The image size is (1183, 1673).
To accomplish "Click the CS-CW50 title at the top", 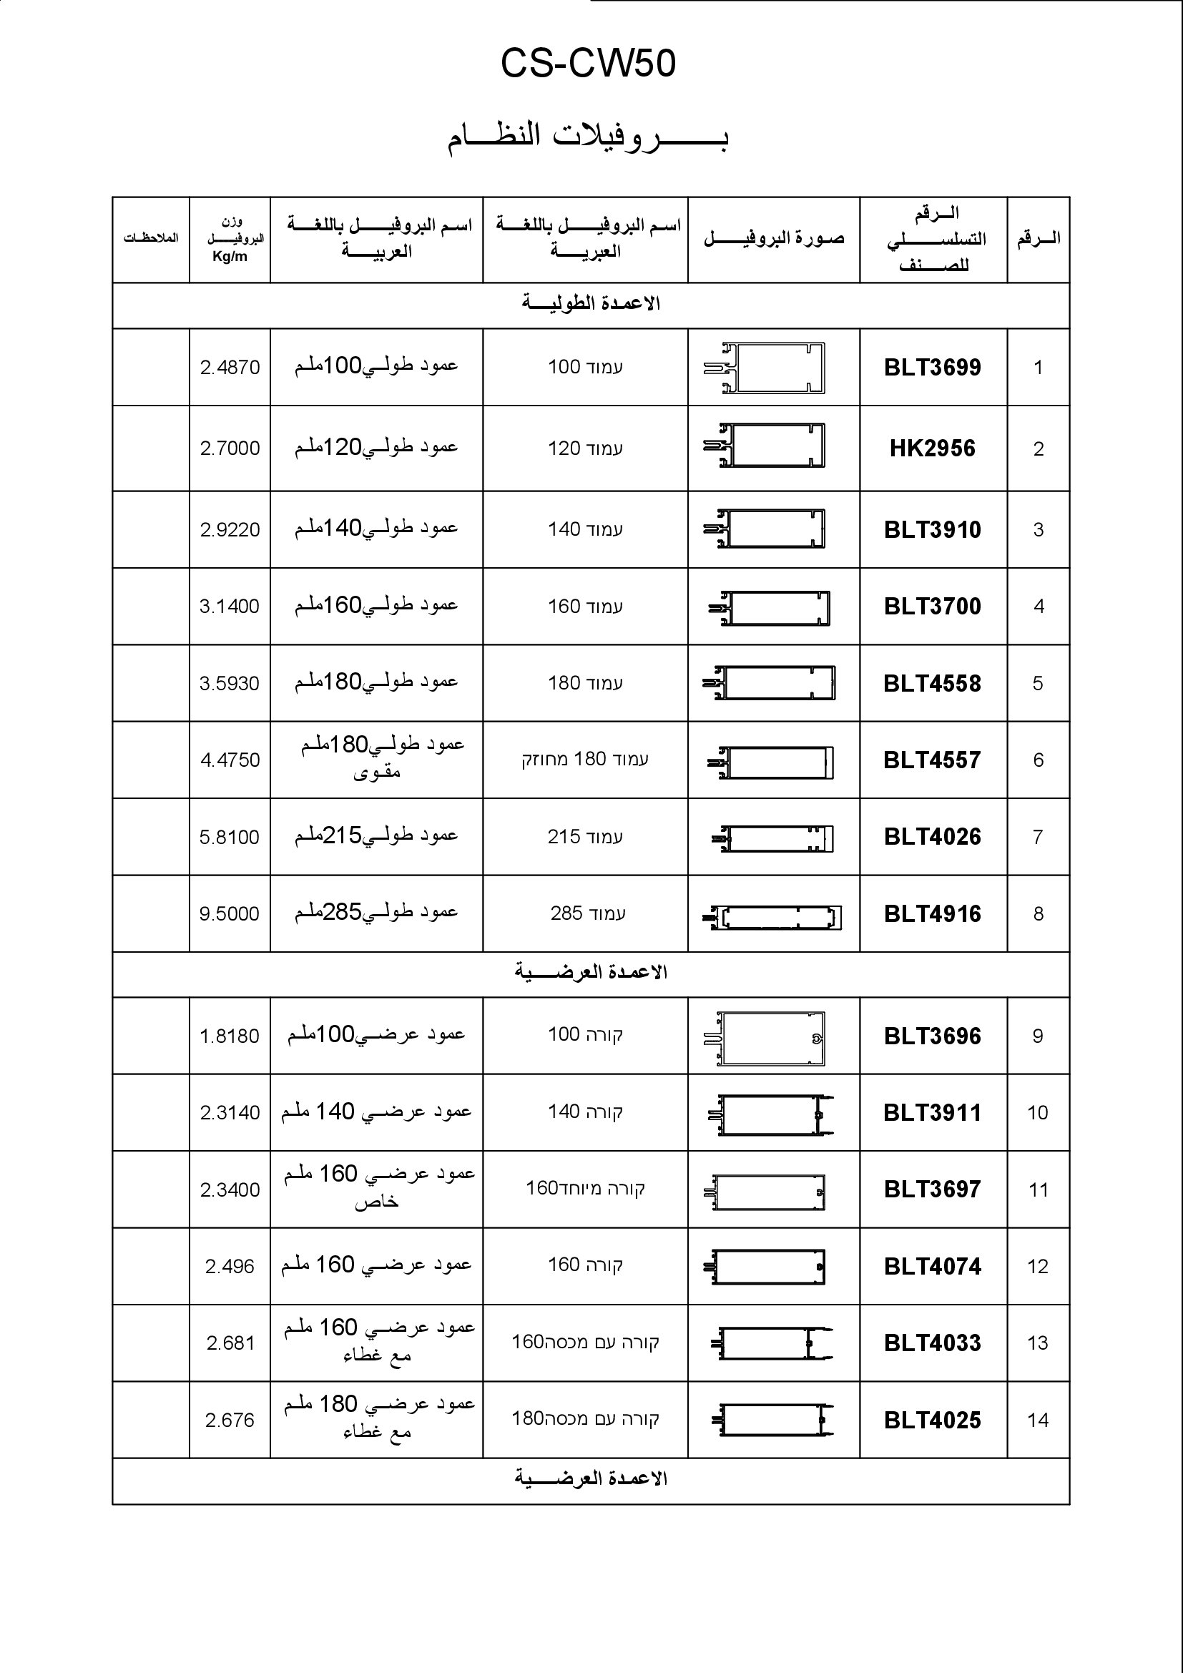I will click(x=588, y=64).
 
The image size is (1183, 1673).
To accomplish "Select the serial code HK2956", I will click(x=932, y=448).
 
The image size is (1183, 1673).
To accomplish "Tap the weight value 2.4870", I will click(x=230, y=367).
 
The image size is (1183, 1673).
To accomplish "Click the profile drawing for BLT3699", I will click(x=764, y=367).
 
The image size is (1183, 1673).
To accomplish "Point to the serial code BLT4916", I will click(x=932, y=913).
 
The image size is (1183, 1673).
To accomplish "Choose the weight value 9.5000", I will click(x=230, y=913).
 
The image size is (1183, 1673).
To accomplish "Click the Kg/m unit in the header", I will click(x=230, y=257).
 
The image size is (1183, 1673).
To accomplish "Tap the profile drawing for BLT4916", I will click(x=772, y=918).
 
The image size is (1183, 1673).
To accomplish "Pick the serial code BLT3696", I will click(x=932, y=1036).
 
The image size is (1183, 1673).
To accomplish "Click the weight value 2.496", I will click(x=230, y=1267).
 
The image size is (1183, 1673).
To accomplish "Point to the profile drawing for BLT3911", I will click(x=771, y=1116).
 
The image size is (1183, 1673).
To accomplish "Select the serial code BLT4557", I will click(x=932, y=760).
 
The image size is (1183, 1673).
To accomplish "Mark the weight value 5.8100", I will click(x=230, y=837).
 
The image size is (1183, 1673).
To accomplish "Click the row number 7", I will click(x=1038, y=837).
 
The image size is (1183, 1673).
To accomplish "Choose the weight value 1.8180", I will click(x=230, y=1036).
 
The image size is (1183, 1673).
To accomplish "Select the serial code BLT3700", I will click(x=932, y=607).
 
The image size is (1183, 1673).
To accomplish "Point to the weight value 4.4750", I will click(x=230, y=760).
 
